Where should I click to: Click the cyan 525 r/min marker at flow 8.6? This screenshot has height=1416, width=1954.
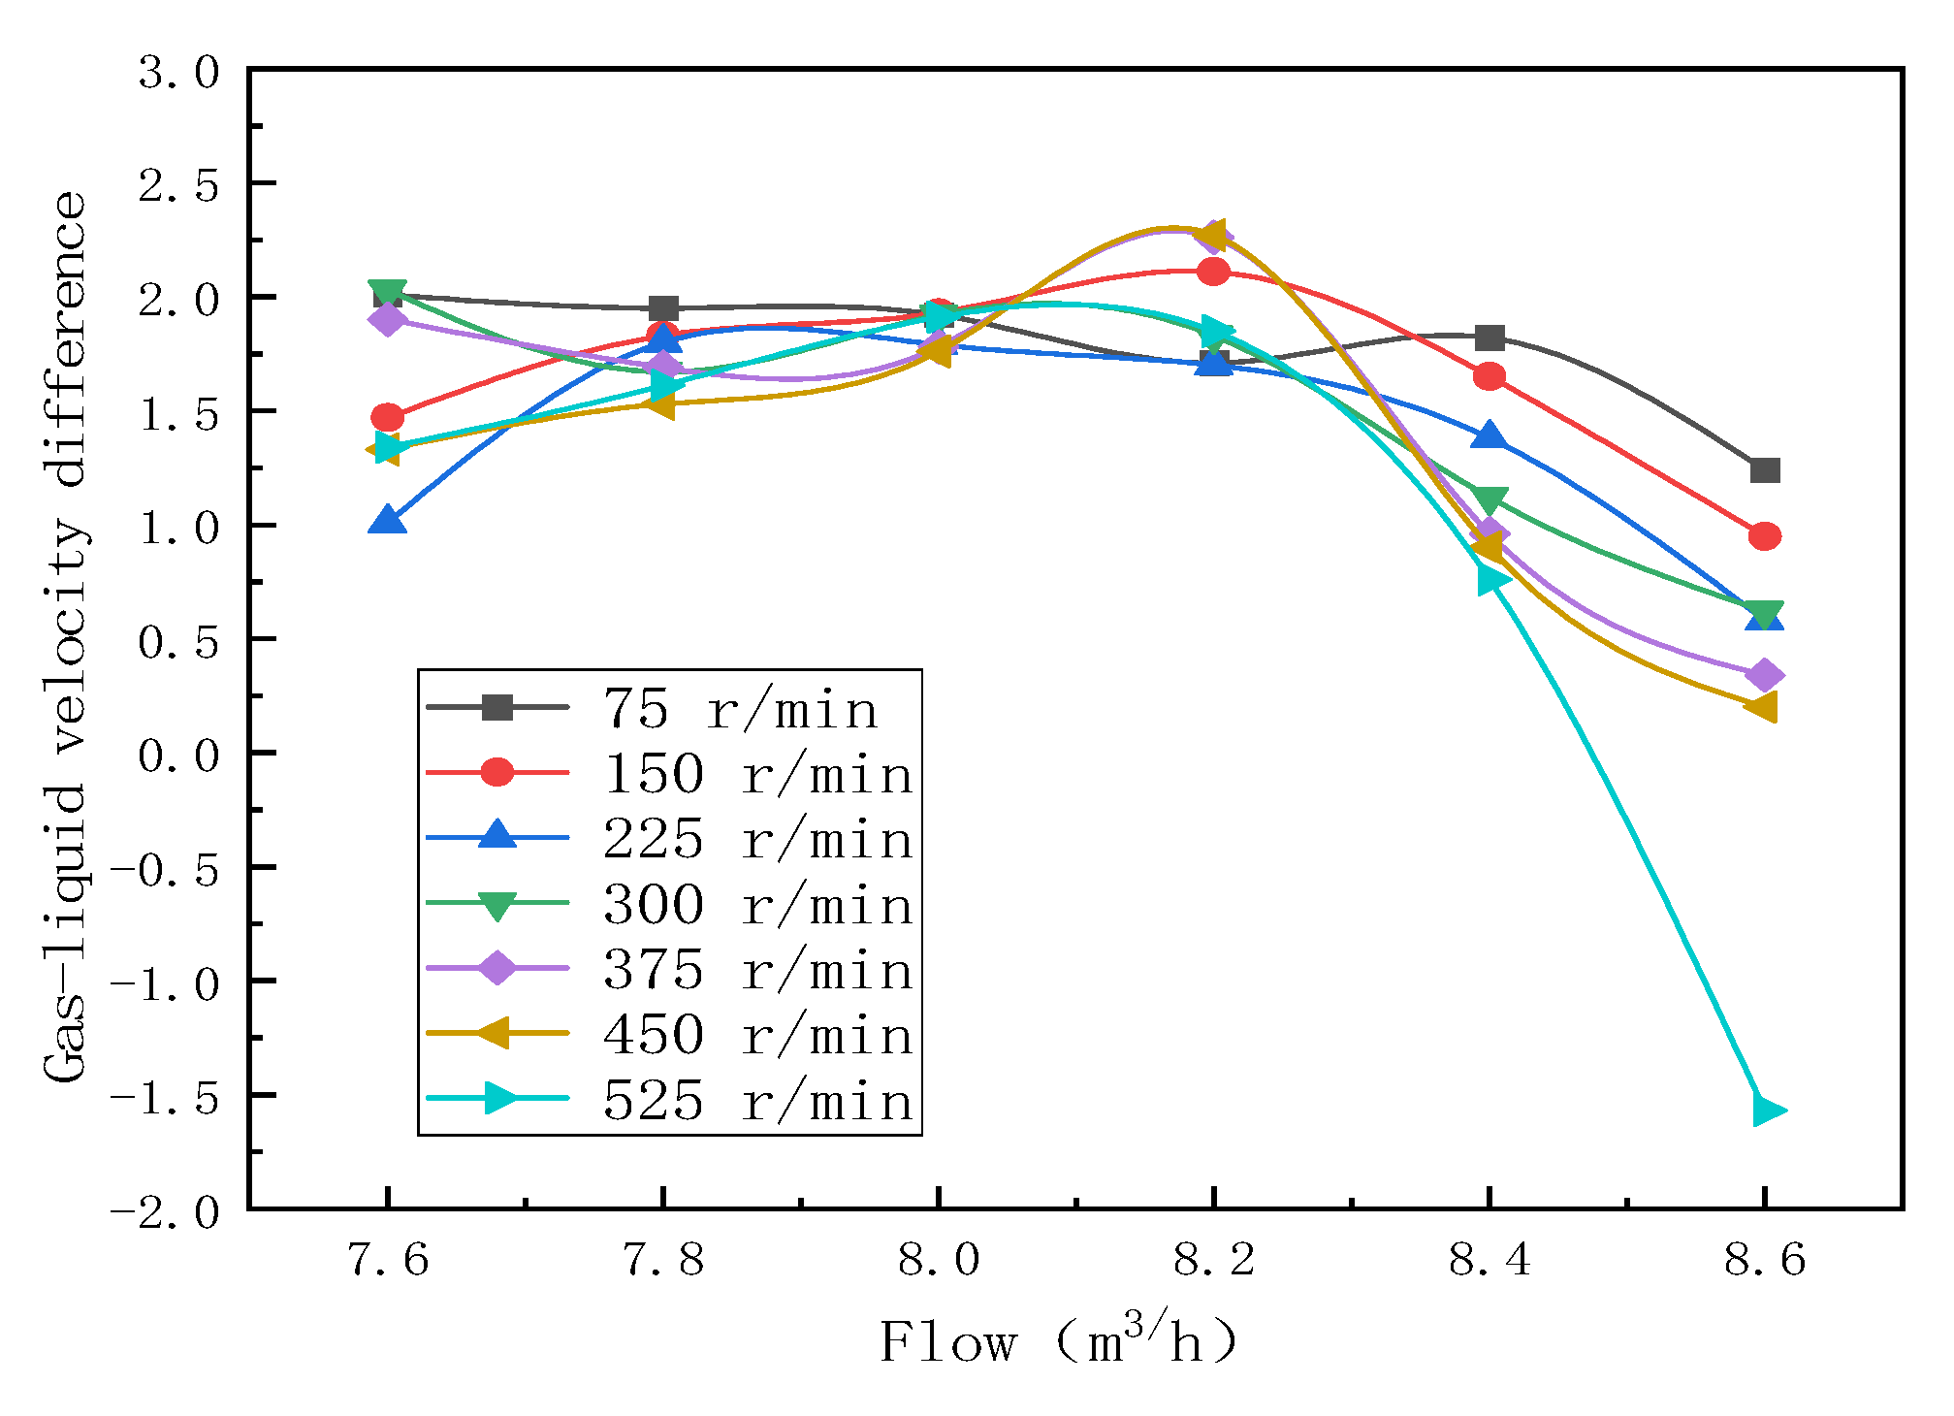(1766, 1110)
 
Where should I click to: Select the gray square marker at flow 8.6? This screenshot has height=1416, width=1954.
(1765, 470)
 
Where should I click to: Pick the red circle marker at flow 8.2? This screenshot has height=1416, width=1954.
(1213, 272)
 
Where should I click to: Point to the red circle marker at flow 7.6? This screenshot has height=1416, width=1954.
(387, 417)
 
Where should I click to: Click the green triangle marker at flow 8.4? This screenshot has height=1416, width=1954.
(1490, 500)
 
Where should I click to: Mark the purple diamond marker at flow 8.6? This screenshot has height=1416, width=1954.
(1765, 675)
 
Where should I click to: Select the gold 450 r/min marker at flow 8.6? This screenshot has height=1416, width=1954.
(1762, 706)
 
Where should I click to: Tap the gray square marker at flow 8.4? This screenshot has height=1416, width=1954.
(1490, 338)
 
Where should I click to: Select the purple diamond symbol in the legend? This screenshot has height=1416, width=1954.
(497, 968)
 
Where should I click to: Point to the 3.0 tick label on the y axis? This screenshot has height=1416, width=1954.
(179, 73)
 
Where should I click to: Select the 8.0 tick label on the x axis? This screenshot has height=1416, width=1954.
(938, 1260)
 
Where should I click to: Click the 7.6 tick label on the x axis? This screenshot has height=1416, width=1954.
(387, 1260)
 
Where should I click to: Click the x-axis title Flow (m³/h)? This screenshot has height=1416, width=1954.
(1059, 1342)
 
